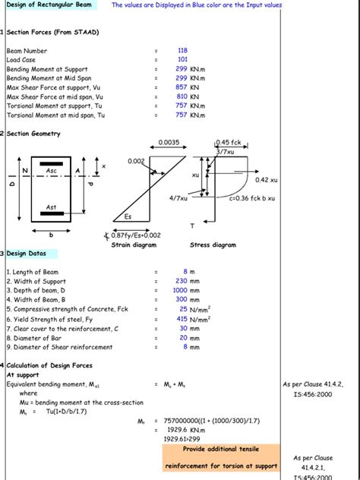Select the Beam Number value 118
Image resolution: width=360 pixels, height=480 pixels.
coord(182,50)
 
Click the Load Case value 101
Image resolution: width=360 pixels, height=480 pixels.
coord(182,59)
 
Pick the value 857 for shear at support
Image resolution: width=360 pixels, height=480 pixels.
coord(181,87)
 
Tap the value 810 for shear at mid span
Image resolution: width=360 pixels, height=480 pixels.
coord(181,96)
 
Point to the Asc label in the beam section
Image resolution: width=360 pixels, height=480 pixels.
coord(52,171)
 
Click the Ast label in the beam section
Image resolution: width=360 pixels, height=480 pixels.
coord(52,207)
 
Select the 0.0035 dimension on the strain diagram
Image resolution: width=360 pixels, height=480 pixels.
coord(169,142)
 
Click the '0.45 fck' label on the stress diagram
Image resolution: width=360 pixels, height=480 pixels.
coord(229,142)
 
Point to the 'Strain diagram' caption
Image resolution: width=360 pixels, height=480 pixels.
coord(134,245)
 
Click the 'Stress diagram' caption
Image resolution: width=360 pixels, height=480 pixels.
coord(213,245)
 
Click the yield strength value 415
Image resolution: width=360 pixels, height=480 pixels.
coord(182,319)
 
